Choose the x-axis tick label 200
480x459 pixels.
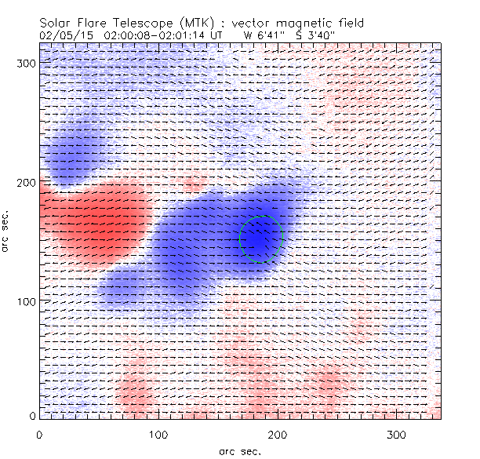[277, 434]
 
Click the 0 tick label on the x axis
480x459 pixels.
[39, 434]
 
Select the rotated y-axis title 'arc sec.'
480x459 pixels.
[7, 231]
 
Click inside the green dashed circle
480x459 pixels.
[260, 239]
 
